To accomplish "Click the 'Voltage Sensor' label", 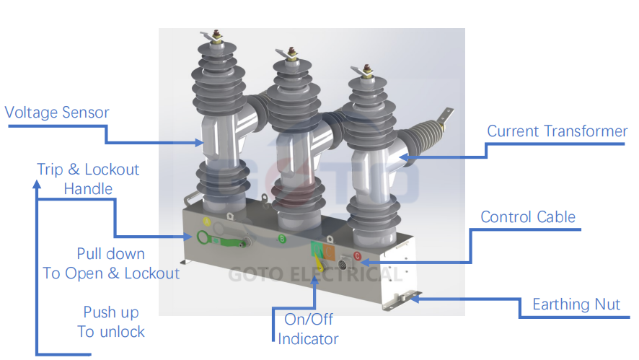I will pos(57,113).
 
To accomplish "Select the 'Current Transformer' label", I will pos(557,131).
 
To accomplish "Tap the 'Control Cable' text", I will pos(528,217).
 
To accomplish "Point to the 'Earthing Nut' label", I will pos(576,304).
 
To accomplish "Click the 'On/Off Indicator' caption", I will pos(308,329).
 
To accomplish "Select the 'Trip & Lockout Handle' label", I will pos(88,179).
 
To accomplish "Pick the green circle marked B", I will pos(282,238).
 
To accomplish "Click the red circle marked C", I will pos(356,255).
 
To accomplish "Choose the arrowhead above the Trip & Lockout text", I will pos(36,186).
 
